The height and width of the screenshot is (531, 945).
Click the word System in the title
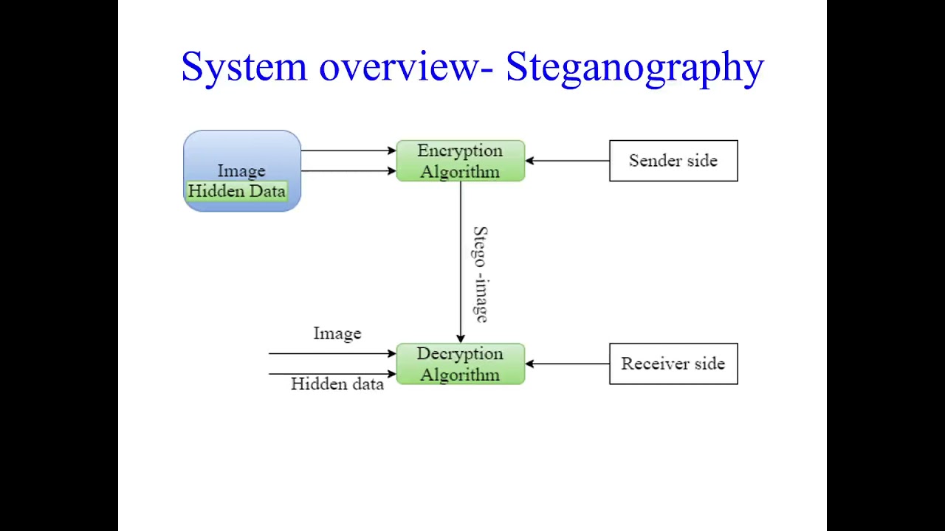pos(244,67)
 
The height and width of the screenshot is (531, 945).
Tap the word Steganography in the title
pos(634,67)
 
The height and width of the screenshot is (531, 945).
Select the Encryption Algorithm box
pos(460,161)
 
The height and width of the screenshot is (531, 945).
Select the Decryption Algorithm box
pos(460,364)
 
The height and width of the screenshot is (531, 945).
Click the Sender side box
pos(673,161)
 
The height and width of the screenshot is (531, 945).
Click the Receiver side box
pos(673,364)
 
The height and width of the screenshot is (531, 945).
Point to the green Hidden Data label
pos(236,192)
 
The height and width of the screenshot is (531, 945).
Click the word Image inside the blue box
pos(241,171)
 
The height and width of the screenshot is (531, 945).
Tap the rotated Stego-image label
pos(481,274)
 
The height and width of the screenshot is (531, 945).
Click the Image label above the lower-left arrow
pos(337,333)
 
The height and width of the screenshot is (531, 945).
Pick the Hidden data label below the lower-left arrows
pos(337,384)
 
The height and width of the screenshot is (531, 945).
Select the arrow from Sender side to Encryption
pos(567,161)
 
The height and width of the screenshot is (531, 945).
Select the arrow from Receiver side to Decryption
pos(567,364)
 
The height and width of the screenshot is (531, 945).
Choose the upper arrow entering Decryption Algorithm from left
pos(332,354)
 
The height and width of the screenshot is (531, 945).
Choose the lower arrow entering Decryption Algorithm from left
pos(332,374)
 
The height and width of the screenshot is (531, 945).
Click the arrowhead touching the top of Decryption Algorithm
pos(461,339)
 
